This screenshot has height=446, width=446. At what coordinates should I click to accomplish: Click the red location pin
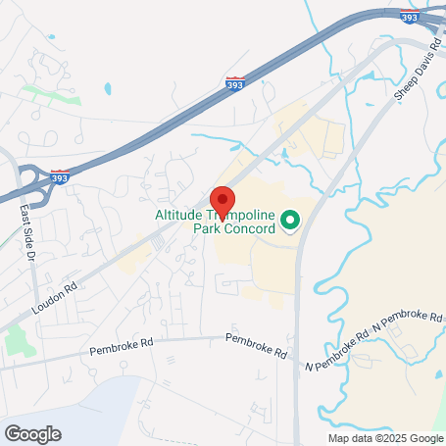pos(223,201)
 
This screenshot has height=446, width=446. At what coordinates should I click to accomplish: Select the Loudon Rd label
pos(57,297)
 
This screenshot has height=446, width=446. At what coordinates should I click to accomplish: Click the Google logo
pos(33,433)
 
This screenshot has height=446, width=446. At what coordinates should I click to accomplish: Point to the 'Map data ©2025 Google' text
pos(385,437)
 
